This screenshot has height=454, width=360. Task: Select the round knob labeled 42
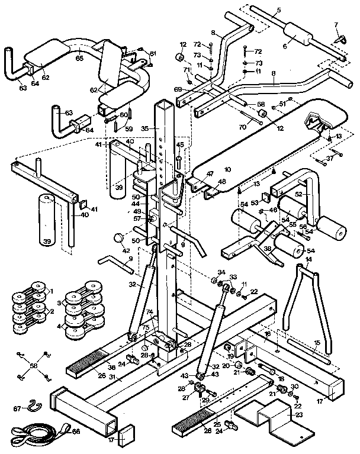pos(120,238)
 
